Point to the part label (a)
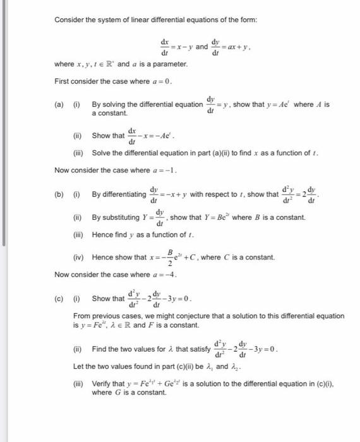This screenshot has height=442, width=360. click(60, 104)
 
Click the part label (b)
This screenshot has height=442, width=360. click(60, 194)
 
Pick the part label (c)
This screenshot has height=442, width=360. click(60, 298)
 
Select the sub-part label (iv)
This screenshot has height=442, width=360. click(81, 258)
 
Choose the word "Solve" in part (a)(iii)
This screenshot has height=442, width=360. click(101, 153)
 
